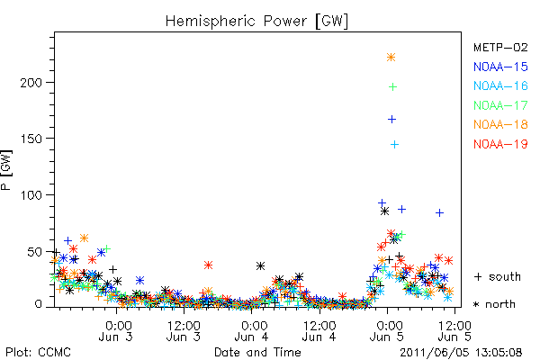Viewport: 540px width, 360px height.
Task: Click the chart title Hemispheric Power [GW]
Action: pyautogui.click(x=256, y=22)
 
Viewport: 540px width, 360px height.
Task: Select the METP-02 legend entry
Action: pyautogui.click(x=500, y=47)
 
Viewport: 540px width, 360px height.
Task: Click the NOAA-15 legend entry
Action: pyautogui.click(x=500, y=67)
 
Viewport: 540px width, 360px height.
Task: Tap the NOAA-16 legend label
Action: pyautogui.click(x=500, y=85)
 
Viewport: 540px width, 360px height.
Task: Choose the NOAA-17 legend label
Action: pyautogui.click(x=500, y=105)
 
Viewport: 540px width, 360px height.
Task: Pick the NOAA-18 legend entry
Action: pyautogui.click(x=500, y=124)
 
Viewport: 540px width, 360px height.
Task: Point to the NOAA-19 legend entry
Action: pyautogui.click(x=500, y=144)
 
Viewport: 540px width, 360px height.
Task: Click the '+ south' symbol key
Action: pyautogui.click(x=498, y=276)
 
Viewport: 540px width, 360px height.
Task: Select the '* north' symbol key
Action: pyautogui.click(x=494, y=304)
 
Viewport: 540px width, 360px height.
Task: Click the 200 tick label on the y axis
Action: pyautogui.click(x=31, y=83)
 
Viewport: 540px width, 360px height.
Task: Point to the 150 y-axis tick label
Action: pyautogui.click(x=31, y=139)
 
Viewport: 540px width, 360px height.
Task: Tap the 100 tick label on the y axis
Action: pyautogui.click(x=31, y=195)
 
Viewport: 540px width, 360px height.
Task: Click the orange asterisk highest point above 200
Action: pyautogui.click(x=391, y=58)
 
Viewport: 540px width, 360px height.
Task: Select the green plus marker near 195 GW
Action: pyautogui.click(x=392, y=86)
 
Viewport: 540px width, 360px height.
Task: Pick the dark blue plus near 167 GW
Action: pyautogui.click(x=391, y=119)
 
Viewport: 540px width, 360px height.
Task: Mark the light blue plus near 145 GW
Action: pyautogui.click(x=395, y=144)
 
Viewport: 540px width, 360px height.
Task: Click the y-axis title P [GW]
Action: pyautogui.click(x=6, y=170)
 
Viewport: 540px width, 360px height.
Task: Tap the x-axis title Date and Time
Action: pyautogui.click(x=257, y=352)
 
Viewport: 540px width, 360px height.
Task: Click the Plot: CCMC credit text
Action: pyautogui.click(x=38, y=352)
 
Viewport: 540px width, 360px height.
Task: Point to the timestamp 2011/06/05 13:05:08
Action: pyautogui.click(x=461, y=353)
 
